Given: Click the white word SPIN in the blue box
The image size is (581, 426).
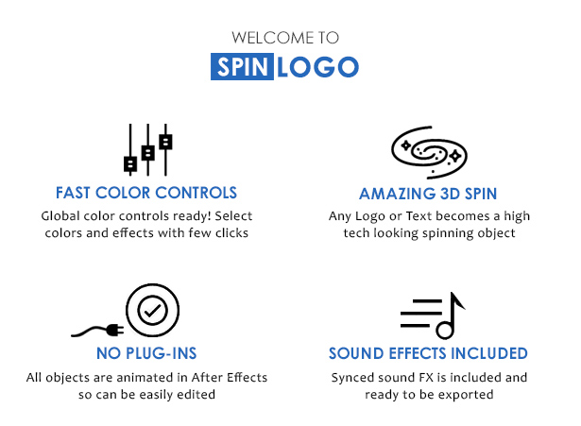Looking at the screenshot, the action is tap(243, 67).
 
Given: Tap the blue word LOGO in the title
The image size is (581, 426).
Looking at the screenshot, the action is tap(318, 67).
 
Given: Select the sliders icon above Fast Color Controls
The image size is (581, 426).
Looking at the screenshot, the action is tap(147, 149).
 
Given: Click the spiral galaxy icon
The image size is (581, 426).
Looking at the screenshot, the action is tap(429, 152).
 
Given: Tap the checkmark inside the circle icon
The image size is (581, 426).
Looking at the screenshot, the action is tap(152, 311).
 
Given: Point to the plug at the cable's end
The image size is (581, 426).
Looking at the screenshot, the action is tap(114, 329).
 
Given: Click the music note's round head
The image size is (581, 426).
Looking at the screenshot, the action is tap(444, 330).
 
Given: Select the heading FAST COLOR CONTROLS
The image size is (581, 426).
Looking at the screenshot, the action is tap(146, 193).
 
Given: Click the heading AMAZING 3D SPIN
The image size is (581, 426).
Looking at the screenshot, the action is tap(428, 194).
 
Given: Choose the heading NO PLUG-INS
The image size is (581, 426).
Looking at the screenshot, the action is tap(146, 353).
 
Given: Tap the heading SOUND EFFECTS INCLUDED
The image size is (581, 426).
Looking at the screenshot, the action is tap(428, 353).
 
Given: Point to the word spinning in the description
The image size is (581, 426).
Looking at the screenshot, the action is tap(449, 233).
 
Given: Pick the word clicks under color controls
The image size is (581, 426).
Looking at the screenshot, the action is tap(232, 233).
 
